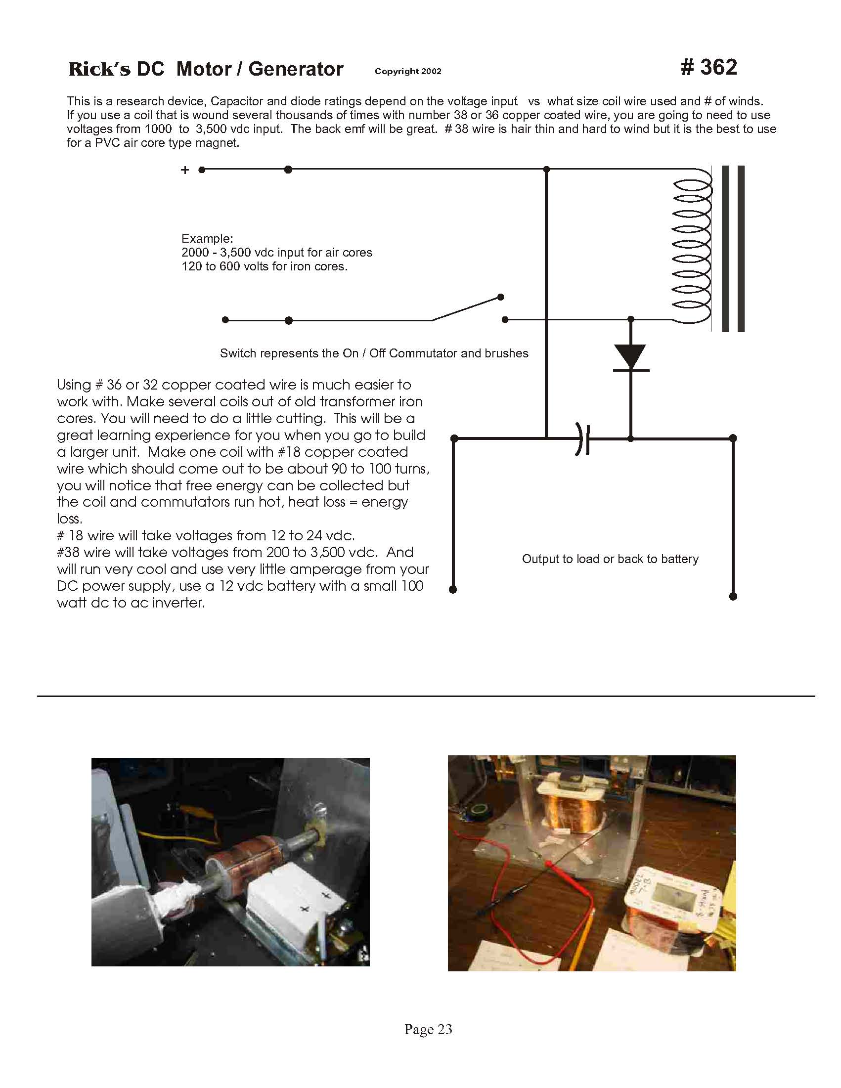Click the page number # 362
[x=708, y=68]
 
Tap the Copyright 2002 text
[x=408, y=71]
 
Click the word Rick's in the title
[x=99, y=69]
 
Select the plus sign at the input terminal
[x=185, y=171]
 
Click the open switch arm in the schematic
[x=466, y=309]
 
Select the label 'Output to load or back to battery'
[x=610, y=559]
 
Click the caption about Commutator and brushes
[x=374, y=353]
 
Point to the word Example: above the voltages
[x=207, y=238]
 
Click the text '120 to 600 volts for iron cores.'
[x=264, y=266]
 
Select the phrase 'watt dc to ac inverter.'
[x=131, y=603]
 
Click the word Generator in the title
[x=296, y=69]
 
